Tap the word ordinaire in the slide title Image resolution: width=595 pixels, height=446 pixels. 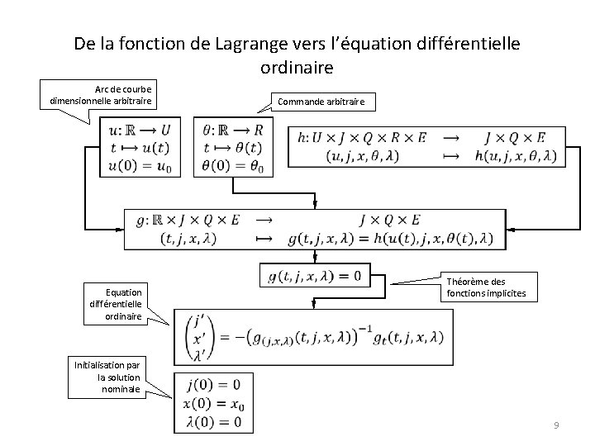coord(297,68)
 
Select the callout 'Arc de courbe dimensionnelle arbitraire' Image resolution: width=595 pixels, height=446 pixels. coord(103,94)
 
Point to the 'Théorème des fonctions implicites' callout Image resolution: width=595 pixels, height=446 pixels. coord(487,287)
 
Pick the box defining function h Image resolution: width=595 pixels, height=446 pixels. coord(426,146)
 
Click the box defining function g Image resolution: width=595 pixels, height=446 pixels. coord(314,229)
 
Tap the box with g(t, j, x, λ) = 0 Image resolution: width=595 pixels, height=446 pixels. coord(314,276)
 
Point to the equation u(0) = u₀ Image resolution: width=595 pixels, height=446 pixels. coord(140,166)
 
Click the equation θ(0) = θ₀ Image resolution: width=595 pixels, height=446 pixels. coord(233,166)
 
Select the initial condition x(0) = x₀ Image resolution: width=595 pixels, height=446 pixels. coord(214,405)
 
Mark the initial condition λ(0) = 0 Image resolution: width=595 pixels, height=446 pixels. coord(214,422)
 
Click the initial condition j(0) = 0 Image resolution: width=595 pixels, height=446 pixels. coord(214,386)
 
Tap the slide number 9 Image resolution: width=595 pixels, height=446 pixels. coord(556,425)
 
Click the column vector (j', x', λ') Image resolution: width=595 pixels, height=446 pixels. coord(198,337)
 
